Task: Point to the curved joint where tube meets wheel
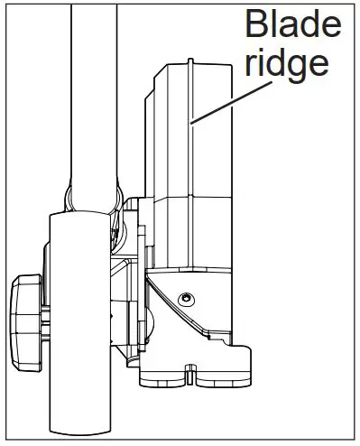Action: pyautogui.click(x=90, y=193)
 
